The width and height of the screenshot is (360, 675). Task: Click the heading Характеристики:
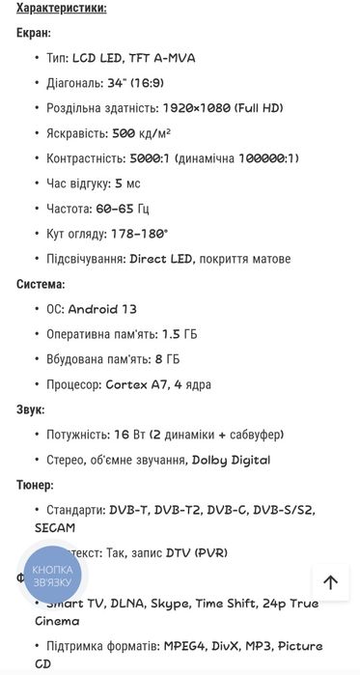click(62, 8)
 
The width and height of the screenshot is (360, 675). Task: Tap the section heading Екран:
click(34, 33)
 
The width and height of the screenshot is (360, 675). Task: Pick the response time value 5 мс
click(127, 183)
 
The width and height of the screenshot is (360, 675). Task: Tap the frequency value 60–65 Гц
click(123, 209)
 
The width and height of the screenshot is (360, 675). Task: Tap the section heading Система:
click(41, 284)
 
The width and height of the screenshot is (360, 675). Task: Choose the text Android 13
click(102, 309)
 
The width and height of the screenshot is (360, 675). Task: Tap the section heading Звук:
click(31, 409)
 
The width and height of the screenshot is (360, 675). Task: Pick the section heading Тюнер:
click(36, 485)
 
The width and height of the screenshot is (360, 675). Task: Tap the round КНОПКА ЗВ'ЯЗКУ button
click(52, 576)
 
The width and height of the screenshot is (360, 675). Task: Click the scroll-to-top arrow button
click(330, 582)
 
